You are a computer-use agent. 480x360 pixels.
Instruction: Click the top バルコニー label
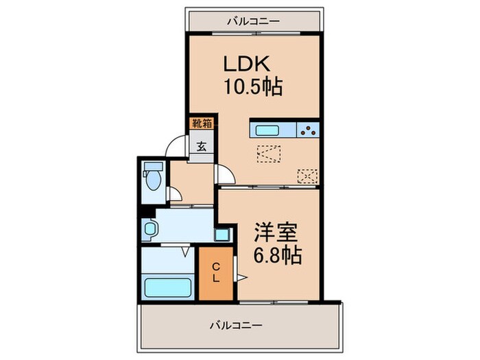click(x=254, y=21)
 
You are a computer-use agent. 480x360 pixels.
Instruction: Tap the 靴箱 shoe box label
click(x=201, y=123)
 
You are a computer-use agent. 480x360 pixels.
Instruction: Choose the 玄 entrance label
click(x=202, y=146)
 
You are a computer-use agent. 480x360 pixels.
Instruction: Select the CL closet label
click(x=215, y=272)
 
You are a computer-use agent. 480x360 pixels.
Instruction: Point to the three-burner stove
click(x=308, y=130)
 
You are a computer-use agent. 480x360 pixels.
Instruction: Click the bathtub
click(x=167, y=285)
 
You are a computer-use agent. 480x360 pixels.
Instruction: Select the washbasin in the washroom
click(x=148, y=228)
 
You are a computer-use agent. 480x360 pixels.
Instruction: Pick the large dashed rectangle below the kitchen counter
click(x=268, y=154)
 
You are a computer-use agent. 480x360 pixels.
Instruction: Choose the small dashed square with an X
click(x=307, y=176)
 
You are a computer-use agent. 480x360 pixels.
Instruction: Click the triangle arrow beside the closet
click(x=241, y=278)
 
